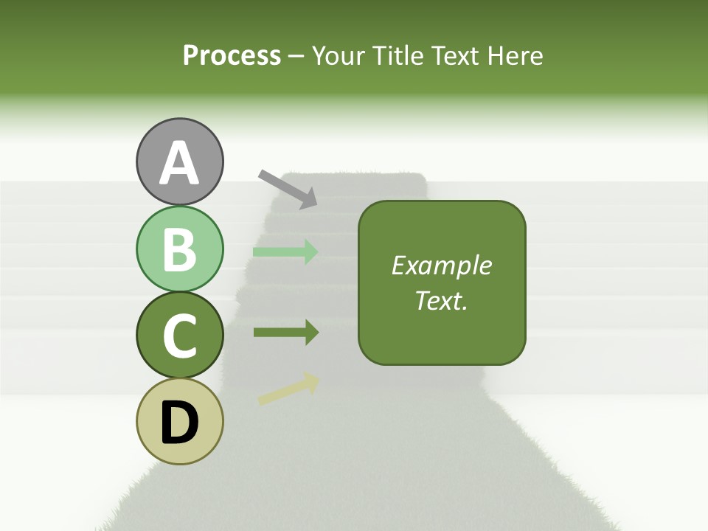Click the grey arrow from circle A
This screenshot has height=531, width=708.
click(x=288, y=188)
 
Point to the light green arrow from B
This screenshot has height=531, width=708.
click(x=285, y=251)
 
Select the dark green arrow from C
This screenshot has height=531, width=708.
click(x=285, y=333)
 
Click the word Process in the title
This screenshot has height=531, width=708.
click(x=232, y=55)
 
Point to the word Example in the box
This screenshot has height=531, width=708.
click(x=441, y=265)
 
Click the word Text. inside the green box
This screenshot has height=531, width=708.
click(x=441, y=300)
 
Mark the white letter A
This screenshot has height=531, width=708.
click(x=179, y=164)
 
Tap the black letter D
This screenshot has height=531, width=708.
click(x=179, y=423)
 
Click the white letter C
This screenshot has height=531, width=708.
click(x=179, y=336)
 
